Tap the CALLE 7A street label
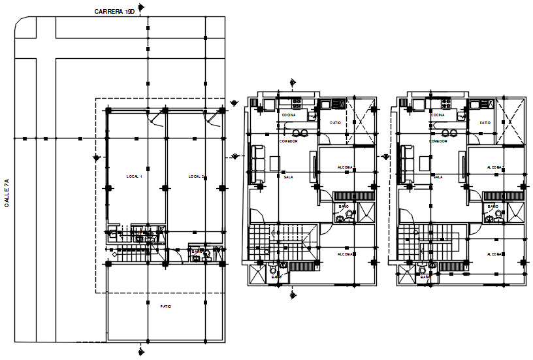[x=7, y=193]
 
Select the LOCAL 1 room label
[x=134, y=176]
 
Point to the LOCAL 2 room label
[x=196, y=176]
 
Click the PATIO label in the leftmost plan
[x=166, y=306]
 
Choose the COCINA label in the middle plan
[x=288, y=115]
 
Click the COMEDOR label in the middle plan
[x=289, y=141]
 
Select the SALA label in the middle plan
[x=288, y=176]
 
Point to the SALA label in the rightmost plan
[x=438, y=176]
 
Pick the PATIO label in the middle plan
[x=335, y=123]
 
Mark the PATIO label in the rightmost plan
[x=485, y=123]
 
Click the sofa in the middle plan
[x=256, y=165]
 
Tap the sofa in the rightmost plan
[x=406, y=165]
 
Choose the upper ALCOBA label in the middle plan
[x=346, y=167]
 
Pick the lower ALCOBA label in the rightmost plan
[x=494, y=254]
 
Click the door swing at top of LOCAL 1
[x=156, y=118]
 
